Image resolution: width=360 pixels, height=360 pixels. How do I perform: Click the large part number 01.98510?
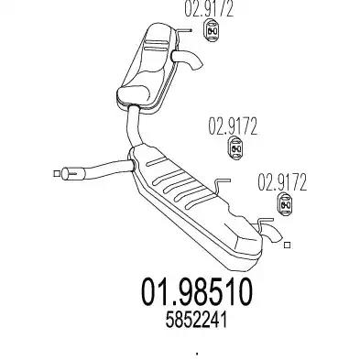[x=197, y=292]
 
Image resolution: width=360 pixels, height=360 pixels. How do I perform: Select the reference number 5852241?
[x=196, y=321]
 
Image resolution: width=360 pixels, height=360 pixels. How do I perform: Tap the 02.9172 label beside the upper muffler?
[x=209, y=9]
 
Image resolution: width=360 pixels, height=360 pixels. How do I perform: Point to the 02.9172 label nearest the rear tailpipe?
[x=282, y=182]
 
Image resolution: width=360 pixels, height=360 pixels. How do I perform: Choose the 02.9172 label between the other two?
[x=233, y=126]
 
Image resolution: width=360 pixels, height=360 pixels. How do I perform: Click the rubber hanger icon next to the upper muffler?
[x=212, y=31]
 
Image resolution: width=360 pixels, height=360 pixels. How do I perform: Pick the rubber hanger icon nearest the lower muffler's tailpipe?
[x=285, y=204]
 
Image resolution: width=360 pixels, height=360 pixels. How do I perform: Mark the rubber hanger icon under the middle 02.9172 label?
[x=236, y=148]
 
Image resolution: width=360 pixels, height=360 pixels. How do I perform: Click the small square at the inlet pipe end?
[x=57, y=173]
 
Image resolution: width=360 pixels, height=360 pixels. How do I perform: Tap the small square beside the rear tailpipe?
[x=287, y=245]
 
